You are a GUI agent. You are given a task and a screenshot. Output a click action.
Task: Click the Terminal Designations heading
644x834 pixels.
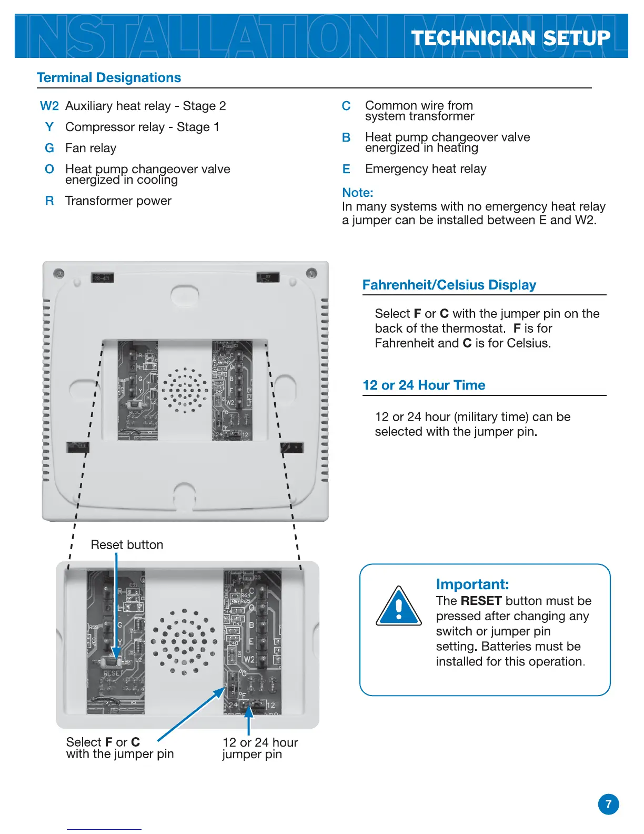[109, 78]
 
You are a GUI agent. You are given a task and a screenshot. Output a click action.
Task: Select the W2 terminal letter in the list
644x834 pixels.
[49, 106]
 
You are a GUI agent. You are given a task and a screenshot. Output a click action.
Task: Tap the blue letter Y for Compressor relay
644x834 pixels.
[49, 127]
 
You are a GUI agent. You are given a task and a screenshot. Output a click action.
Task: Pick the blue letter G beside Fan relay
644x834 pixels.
[49, 148]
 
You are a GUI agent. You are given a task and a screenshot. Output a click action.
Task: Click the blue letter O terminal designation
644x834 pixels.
[49, 169]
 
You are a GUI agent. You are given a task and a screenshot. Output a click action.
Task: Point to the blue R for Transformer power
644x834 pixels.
[49, 201]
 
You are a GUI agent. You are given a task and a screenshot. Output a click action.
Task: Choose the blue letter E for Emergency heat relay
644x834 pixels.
[346, 169]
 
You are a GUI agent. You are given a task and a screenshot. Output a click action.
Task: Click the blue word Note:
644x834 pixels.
[358, 193]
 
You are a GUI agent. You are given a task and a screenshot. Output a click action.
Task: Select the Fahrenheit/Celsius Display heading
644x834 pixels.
[449, 285]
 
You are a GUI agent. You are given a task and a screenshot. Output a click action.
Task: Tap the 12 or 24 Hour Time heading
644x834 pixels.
[424, 385]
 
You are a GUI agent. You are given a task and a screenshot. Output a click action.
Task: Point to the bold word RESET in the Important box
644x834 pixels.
[481, 601]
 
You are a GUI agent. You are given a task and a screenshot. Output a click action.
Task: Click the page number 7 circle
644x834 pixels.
[608, 804]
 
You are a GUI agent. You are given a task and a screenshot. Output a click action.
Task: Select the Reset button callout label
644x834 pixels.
[127, 544]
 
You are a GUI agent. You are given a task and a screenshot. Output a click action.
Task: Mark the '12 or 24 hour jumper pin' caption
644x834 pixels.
[260, 748]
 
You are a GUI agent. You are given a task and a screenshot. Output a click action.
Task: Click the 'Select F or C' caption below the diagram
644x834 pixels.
[119, 748]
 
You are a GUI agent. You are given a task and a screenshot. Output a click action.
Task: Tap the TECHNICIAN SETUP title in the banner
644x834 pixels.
[510, 38]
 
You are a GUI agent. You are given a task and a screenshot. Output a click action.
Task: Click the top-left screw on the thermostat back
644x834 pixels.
[59, 273]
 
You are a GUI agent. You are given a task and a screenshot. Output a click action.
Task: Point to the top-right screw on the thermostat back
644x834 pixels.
[311, 273]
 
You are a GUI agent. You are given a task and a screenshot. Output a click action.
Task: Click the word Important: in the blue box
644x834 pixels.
[472, 584]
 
